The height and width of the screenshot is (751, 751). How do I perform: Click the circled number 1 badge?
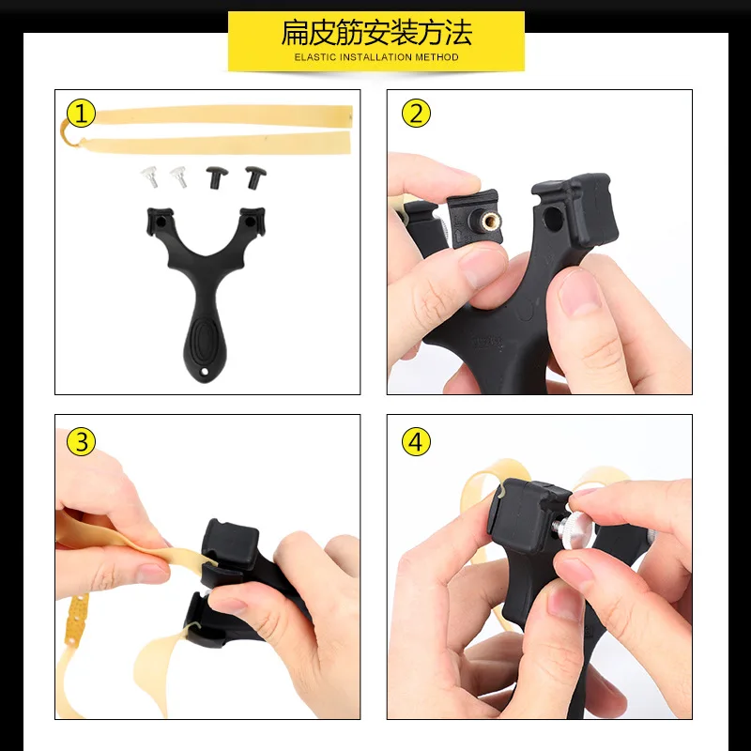[x=81, y=115]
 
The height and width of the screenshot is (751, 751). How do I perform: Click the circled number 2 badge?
[x=416, y=115]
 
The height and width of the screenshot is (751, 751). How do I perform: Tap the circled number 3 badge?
[x=81, y=441]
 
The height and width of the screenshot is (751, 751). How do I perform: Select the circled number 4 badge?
[x=416, y=441]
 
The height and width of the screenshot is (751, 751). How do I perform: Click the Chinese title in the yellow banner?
[x=375, y=34]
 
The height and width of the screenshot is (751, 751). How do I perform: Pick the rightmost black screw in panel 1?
[x=253, y=175]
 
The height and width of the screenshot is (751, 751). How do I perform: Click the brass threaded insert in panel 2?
[x=488, y=222]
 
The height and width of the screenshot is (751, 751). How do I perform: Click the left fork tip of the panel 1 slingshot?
[x=156, y=221]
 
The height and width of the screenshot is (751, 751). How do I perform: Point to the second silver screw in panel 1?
[x=177, y=175]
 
